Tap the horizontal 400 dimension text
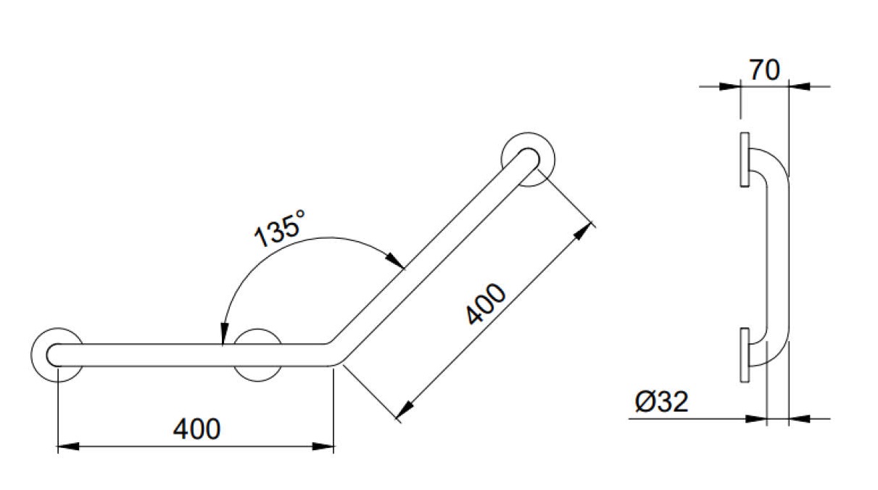[x=196, y=429]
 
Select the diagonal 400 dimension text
[x=486, y=304]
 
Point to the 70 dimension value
[x=764, y=70]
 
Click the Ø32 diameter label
[x=661, y=401]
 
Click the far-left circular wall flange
[x=57, y=355]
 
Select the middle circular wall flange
[x=257, y=355]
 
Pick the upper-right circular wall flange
[x=528, y=159]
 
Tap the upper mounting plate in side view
[x=745, y=160]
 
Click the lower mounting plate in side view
[x=745, y=355]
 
